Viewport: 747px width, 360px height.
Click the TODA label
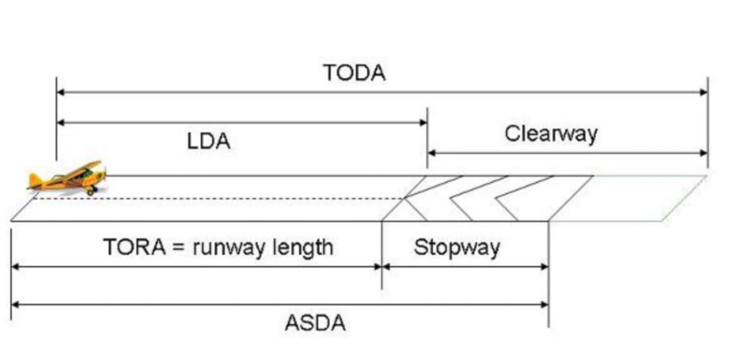tap(354, 73)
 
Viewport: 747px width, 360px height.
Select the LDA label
tap(208, 141)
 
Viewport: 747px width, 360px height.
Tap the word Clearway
tap(551, 134)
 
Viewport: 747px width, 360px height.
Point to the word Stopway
tap(457, 247)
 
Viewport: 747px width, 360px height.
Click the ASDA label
tap(315, 323)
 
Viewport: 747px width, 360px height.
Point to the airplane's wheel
tap(90, 191)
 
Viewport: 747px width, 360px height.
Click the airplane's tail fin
tap(35, 180)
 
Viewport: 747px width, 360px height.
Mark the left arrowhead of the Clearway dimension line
tap(432, 153)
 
